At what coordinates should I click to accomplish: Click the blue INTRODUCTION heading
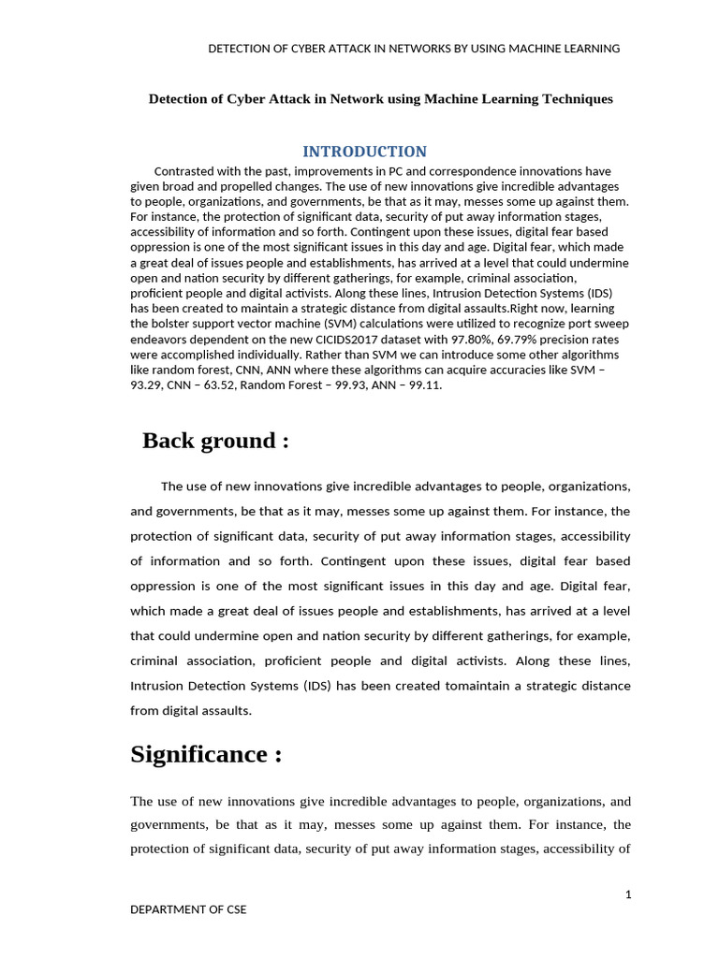364,152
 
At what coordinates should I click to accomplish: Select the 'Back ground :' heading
215,441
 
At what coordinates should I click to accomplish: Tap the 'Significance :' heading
206,754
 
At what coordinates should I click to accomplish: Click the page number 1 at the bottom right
628,895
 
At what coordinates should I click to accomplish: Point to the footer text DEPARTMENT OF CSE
188,909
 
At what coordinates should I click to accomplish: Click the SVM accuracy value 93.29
149,385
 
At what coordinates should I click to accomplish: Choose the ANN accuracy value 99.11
424,385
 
